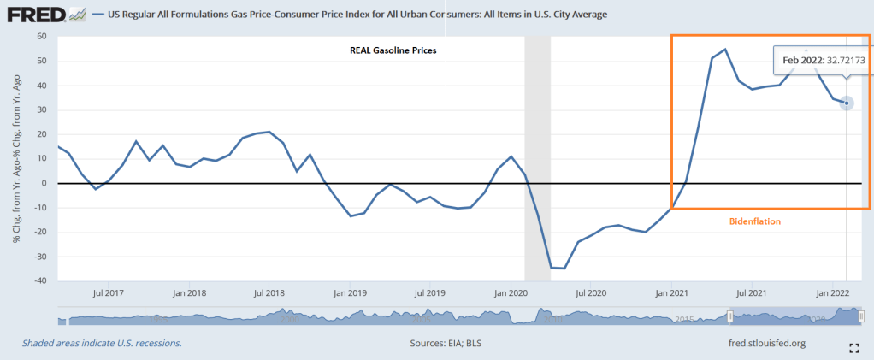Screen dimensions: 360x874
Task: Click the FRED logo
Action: (45, 15)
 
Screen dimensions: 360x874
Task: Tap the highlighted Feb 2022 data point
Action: (847, 103)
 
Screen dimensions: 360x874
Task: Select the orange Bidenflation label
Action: (755, 221)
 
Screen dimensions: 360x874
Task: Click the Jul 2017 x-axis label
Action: (109, 292)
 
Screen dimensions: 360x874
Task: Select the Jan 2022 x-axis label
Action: (831, 292)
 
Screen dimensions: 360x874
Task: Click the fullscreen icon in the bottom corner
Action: (853, 348)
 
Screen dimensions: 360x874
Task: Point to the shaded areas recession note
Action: (102, 343)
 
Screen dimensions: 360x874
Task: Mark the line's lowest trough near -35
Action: (564, 269)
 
